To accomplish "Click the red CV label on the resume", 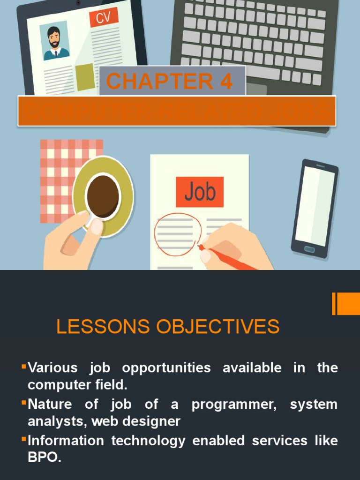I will pos(104,18).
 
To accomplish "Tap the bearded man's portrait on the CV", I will pos(54,42).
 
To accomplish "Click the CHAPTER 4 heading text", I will pos(169,82).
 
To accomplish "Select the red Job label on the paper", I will pos(200,192).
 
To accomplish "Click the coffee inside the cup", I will pos(103,196).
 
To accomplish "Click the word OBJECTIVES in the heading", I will pos(218,327).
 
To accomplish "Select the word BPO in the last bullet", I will pos(44,458).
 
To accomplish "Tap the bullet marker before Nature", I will pos(23,402).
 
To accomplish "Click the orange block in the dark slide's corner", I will pos(347,304).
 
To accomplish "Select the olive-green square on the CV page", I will pos(85,76).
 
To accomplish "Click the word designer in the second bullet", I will pos(154,421).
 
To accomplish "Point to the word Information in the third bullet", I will pos(65,441).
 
